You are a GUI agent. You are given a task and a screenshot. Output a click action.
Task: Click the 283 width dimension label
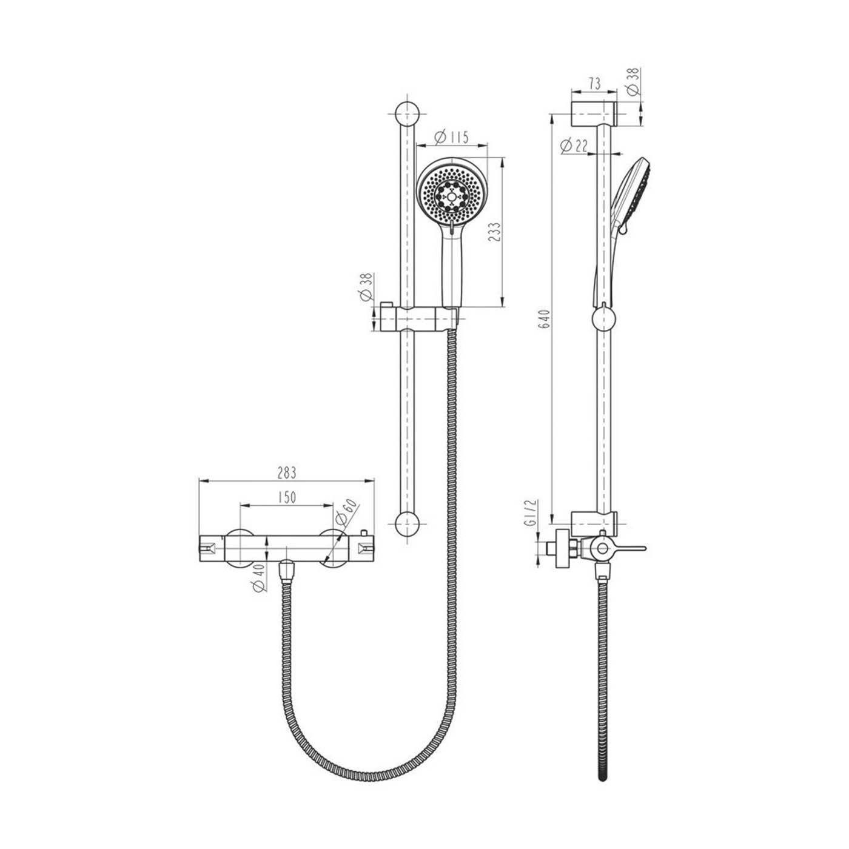pos(287,472)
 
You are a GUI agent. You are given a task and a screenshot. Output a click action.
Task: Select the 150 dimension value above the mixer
pos(287,497)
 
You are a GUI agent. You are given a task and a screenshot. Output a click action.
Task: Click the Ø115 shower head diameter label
pos(452,137)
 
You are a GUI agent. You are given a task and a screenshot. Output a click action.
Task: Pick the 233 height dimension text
pos(495,233)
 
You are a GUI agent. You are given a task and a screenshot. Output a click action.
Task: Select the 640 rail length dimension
pos(544,319)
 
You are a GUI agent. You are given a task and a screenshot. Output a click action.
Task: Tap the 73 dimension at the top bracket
pos(594,84)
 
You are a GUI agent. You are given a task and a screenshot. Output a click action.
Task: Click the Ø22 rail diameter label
pos(574,146)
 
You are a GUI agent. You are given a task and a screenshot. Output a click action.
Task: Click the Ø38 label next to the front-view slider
pos(366,287)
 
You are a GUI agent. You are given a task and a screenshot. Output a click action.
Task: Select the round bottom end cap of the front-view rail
pos(407,525)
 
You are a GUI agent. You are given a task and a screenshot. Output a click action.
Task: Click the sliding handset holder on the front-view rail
pos(418,319)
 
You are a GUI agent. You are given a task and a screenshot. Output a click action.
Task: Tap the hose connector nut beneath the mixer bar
pos(286,570)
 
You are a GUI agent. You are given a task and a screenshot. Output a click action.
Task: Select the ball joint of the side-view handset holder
pos(603,318)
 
